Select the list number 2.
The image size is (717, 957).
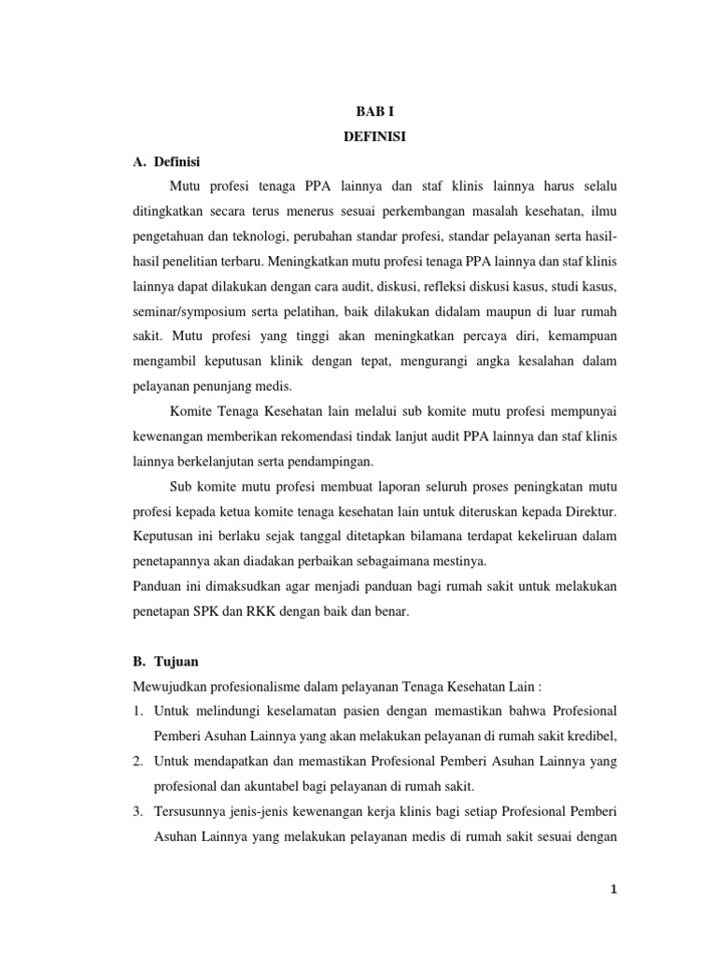(136, 761)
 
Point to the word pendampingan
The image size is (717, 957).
(327, 462)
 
